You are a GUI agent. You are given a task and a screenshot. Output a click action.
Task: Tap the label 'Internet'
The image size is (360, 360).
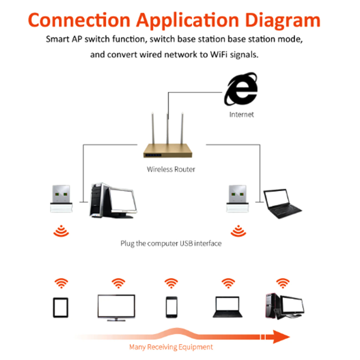click(x=242, y=114)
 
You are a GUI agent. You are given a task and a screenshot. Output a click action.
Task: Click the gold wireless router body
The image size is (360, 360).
click(x=168, y=151)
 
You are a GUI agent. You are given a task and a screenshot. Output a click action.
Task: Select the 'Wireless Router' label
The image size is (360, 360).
click(x=171, y=169)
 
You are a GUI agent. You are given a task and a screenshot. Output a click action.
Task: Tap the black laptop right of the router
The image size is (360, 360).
click(x=282, y=204)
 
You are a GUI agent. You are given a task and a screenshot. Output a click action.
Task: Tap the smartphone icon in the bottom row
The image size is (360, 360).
click(x=171, y=307)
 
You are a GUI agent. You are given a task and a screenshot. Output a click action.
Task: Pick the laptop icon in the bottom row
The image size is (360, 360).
click(x=227, y=307)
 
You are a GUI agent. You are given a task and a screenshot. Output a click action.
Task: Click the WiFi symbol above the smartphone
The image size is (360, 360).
click(x=171, y=283)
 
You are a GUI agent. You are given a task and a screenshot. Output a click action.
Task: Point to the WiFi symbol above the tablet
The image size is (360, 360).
click(x=61, y=283)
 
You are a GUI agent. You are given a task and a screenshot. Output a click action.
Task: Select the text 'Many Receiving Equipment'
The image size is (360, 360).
click(x=171, y=347)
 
